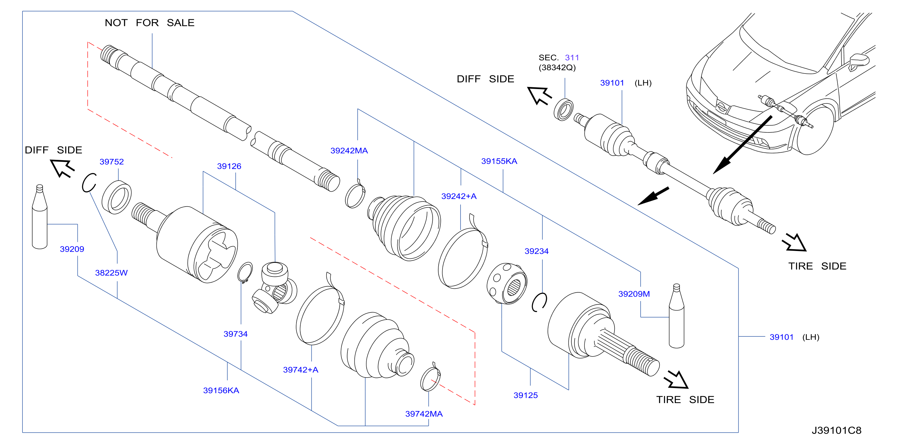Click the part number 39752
coord(112,162)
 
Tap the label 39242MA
coord(349,151)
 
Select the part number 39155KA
coord(499,161)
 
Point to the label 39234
coord(536,251)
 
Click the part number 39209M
coord(634,294)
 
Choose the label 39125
coord(525,395)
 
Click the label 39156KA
coord(221,390)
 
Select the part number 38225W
coord(111,273)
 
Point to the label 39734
coord(235,334)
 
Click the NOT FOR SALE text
coord(149,23)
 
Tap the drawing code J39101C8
coord(836,430)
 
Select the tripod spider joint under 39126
coord(275,288)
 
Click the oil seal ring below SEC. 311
coord(563,110)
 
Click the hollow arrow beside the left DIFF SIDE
coord(62,168)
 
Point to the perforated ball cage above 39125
coord(506,284)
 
